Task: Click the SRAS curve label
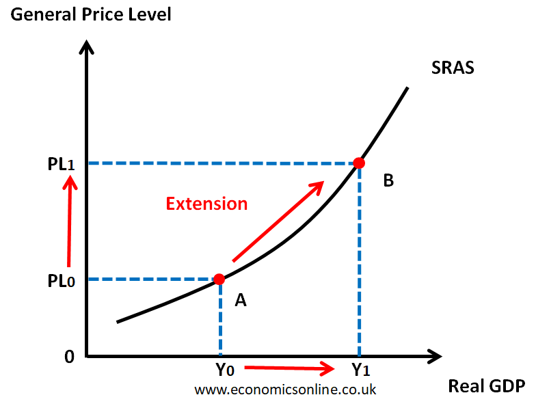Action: point(453,68)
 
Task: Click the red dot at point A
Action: point(219,279)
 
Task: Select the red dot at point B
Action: point(358,163)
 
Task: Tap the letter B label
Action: point(388,181)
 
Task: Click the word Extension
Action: point(206,204)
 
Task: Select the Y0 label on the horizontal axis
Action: point(224,370)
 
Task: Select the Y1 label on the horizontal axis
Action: point(361,370)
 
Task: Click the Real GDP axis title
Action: point(486,386)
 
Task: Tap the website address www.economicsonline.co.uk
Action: point(285,390)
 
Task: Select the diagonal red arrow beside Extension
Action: point(278,221)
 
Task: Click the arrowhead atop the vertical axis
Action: point(87,48)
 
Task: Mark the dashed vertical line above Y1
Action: point(358,260)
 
